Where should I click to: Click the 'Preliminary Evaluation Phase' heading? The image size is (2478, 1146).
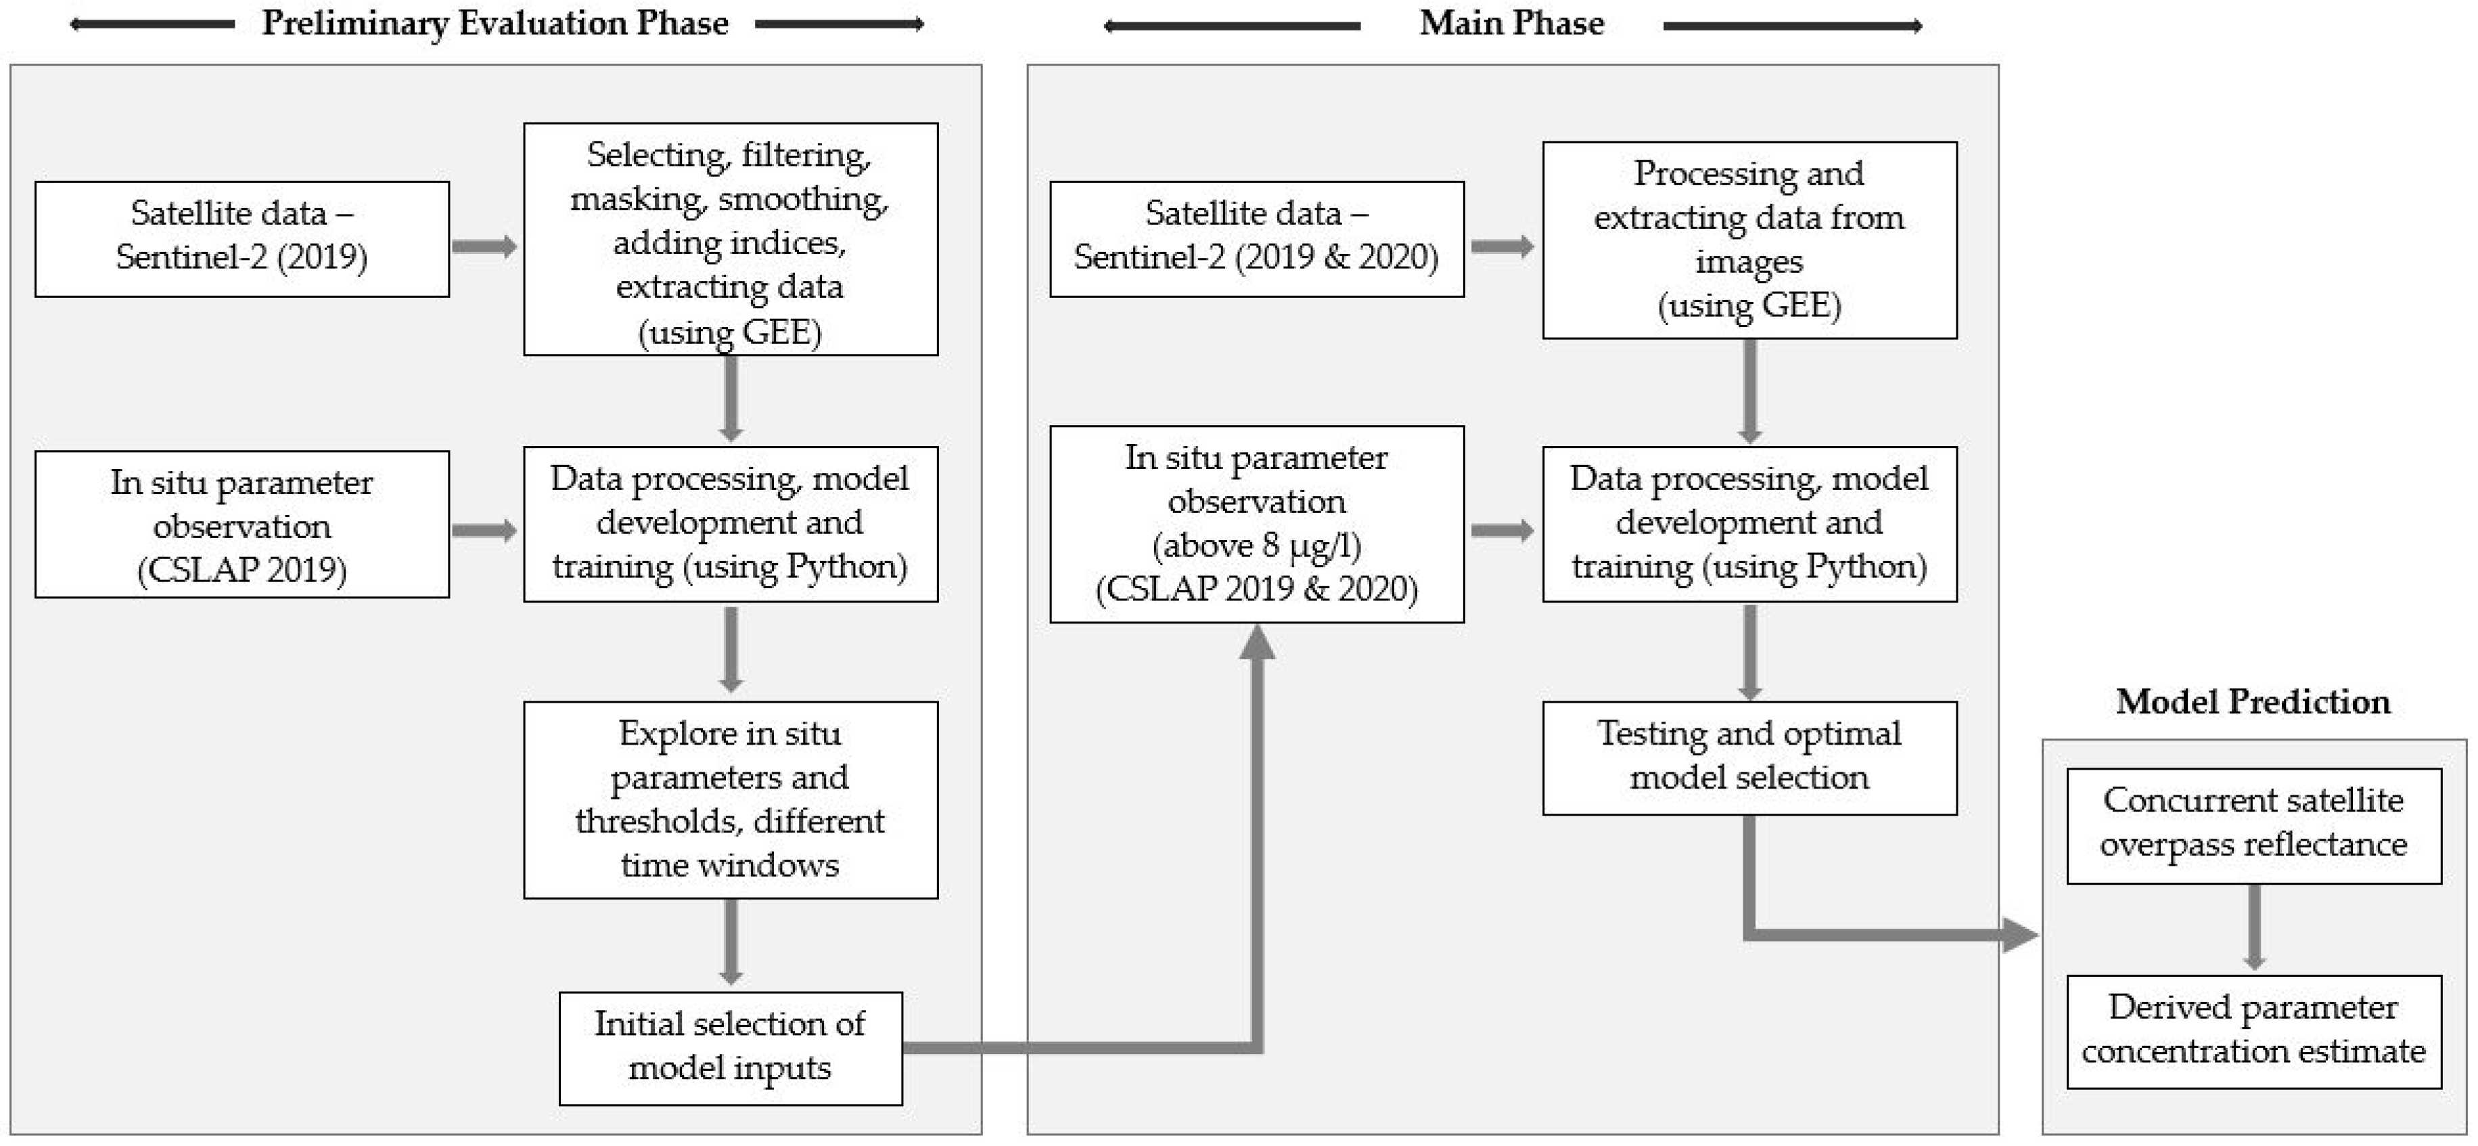[495, 23]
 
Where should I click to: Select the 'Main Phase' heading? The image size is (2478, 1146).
[1511, 23]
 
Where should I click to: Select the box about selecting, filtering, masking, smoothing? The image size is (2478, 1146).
[730, 239]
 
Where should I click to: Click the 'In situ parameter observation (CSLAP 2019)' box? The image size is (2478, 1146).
[242, 525]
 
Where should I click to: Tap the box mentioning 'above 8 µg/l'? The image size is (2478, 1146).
[1256, 525]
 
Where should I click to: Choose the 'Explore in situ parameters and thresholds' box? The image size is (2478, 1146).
[730, 799]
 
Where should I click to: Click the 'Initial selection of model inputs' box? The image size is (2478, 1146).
[730, 1048]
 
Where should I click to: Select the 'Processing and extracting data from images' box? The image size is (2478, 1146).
[1749, 240]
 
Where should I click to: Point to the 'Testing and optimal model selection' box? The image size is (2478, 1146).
[1749, 758]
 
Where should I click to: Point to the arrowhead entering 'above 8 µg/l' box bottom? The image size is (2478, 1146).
[1256, 643]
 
